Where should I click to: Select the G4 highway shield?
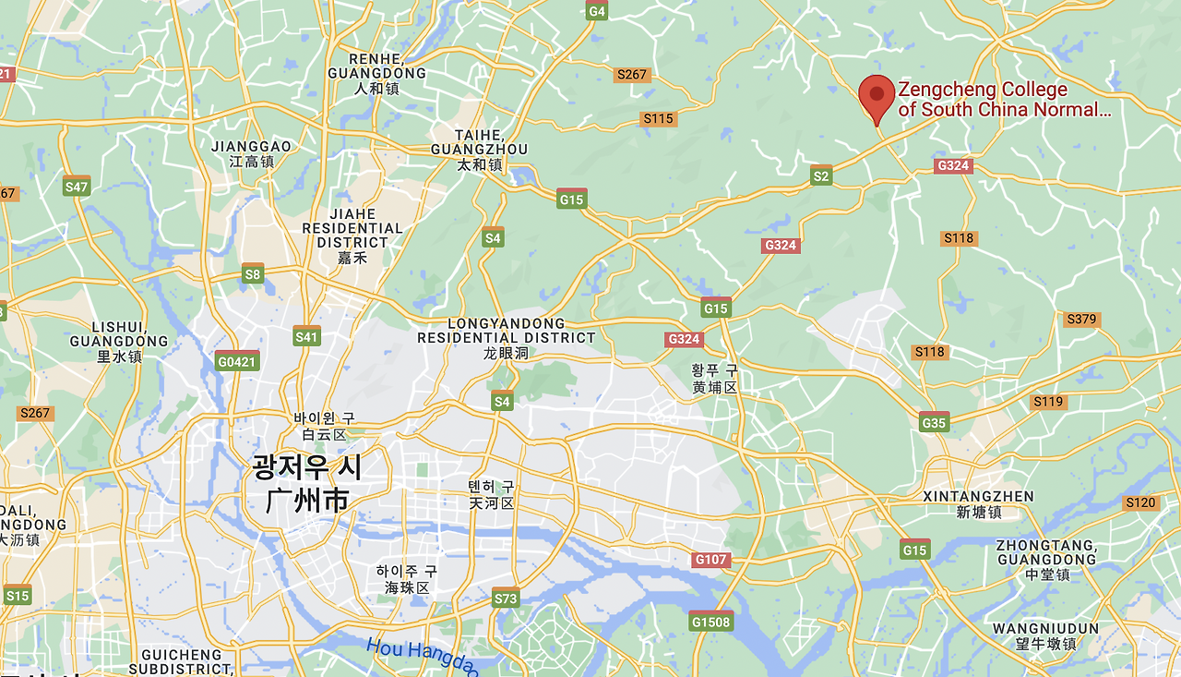point(597,11)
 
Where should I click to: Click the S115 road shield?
point(659,118)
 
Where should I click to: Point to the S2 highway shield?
point(821,175)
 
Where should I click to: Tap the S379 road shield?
point(1081,320)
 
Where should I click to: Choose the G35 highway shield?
point(935,423)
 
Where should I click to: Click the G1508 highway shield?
point(710,622)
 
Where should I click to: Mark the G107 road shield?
point(711,560)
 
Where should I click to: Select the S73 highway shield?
point(506,598)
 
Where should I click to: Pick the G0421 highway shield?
point(237,361)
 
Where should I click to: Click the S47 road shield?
point(77,187)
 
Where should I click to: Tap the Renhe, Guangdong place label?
point(376,74)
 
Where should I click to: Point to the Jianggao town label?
point(251,153)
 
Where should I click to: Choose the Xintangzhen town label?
point(978,504)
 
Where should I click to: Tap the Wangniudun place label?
point(1045,636)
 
